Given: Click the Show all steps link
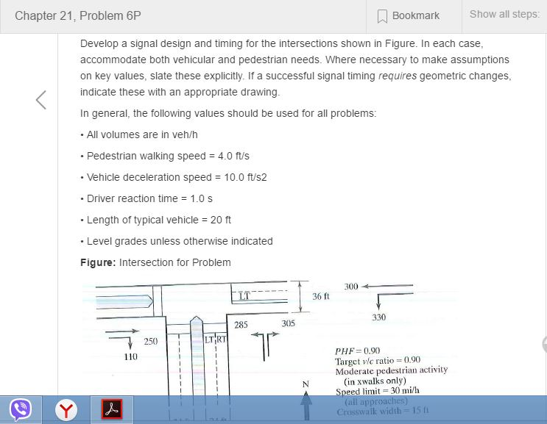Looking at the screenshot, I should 504,15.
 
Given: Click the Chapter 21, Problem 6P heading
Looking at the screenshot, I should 78,15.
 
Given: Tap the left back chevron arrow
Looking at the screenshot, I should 41,101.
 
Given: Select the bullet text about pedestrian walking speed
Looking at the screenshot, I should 168,156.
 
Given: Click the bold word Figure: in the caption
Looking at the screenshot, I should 98,262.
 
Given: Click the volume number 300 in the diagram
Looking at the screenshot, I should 351,286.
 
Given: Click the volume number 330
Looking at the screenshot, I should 378,317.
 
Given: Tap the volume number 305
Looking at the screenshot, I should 288,323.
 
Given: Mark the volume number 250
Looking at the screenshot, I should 150,341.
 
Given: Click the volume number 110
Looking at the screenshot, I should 130,356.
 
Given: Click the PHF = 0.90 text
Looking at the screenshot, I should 357,351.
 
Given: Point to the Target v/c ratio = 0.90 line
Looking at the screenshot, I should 378,361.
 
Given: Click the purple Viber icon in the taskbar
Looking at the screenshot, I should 20,408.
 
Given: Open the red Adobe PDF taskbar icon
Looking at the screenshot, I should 111,409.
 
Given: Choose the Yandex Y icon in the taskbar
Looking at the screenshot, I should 68,409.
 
